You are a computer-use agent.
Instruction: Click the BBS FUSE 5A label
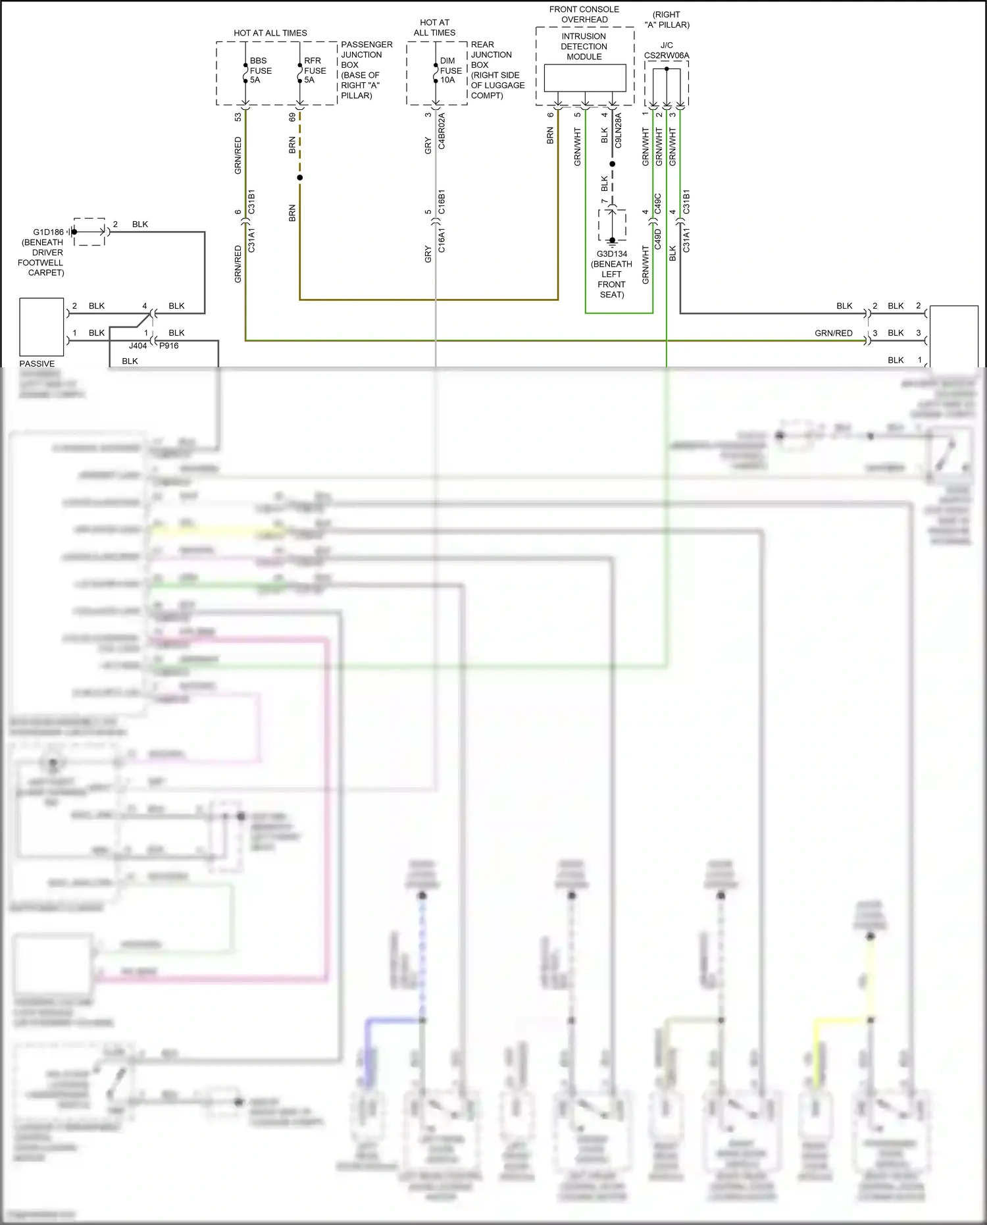pyautogui.click(x=260, y=70)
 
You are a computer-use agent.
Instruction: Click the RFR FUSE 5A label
pyautogui.click(x=315, y=70)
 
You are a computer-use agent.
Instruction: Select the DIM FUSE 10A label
pyautogui.click(x=450, y=70)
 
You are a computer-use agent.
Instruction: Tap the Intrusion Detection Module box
pyautogui.click(x=584, y=78)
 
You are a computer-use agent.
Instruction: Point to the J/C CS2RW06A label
pyautogui.click(x=667, y=51)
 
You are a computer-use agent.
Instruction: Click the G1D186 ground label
pyautogui.click(x=48, y=232)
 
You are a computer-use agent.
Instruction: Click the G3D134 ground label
pyautogui.click(x=612, y=254)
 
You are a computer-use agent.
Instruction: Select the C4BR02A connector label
pyautogui.click(x=442, y=130)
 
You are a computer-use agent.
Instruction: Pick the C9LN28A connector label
pyautogui.click(x=618, y=130)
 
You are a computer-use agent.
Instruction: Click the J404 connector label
pyautogui.click(x=138, y=346)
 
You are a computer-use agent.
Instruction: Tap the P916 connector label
pyautogui.click(x=168, y=346)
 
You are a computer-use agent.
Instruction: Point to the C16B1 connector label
pyautogui.click(x=442, y=202)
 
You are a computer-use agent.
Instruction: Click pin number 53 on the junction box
pyautogui.click(x=238, y=117)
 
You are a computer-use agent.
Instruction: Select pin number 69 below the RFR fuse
pyautogui.click(x=292, y=117)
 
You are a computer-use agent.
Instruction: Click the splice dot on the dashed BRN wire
pyautogui.click(x=299, y=178)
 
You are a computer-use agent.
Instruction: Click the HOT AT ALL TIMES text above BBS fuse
pyautogui.click(x=270, y=33)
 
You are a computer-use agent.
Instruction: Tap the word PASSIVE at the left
pyautogui.click(x=37, y=363)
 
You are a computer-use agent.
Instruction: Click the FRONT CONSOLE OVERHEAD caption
pyautogui.click(x=584, y=14)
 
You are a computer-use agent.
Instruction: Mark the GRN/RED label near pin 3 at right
pyautogui.click(x=833, y=333)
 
